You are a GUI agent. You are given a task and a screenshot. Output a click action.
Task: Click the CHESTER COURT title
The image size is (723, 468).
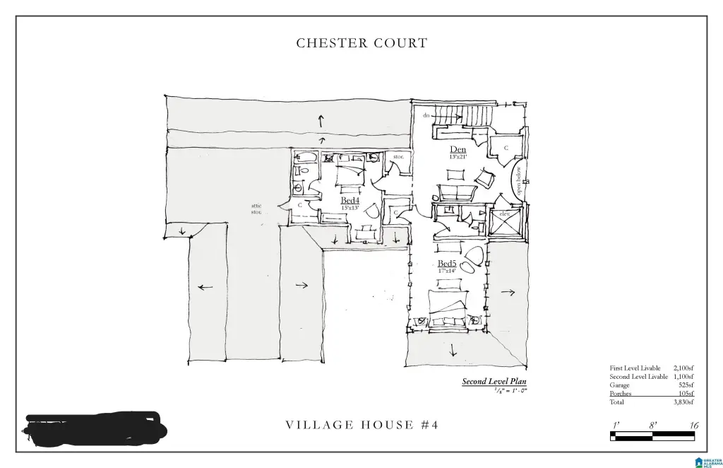[x=361, y=43]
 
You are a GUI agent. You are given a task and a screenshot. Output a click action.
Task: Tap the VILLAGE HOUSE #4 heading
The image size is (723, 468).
[x=361, y=425]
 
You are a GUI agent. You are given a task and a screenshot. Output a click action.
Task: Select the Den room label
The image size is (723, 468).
[x=458, y=149]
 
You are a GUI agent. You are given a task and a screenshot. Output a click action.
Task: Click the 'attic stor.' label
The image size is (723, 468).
[x=256, y=209]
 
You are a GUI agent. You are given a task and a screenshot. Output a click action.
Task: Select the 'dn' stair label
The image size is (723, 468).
[x=426, y=115]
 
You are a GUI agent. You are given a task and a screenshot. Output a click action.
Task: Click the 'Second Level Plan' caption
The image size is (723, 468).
[x=494, y=382]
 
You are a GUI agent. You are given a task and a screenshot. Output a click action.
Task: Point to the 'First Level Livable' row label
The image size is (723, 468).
[x=635, y=368]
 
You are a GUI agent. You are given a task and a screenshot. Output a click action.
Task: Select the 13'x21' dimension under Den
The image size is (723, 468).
[x=458, y=157]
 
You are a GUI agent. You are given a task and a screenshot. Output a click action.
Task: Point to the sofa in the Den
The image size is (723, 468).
[x=457, y=192]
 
